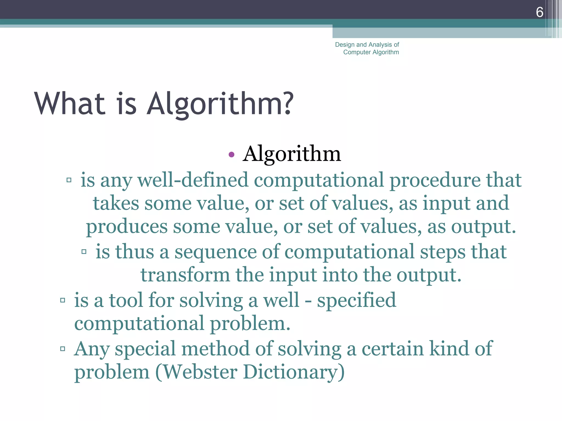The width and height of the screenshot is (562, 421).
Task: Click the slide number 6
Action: pyautogui.click(x=539, y=12)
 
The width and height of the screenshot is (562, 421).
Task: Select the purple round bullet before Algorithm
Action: pyautogui.click(x=231, y=155)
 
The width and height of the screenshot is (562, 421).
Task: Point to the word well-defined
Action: pyautogui.click(x=193, y=180)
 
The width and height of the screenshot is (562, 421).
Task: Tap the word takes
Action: pyautogui.click(x=116, y=203)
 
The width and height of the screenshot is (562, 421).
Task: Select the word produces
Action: pyautogui.click(x=127, y=227)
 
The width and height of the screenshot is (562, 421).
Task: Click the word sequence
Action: pyautogui.click(x=215, y=252)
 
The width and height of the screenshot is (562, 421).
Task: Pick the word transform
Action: pyautogui.click(x=185, y=275)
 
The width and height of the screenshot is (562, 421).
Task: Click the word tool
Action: pyautogui.click(x=126, y=300)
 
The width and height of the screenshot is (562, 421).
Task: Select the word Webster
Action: pyautogui.click(x=201, y=372)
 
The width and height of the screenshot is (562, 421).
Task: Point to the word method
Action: pyautogui.click(x=215, y=349)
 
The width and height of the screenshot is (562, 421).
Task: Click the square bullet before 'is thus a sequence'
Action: pyautogui.click(x=84, y=252)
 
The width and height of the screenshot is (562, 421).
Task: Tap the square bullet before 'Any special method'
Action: pyautogui.click(x=63, y=349)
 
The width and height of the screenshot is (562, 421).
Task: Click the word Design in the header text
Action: pyautogui.click(x=345, y=45)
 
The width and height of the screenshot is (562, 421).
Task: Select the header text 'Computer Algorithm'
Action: pyautogui.click(x=371, y=52)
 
